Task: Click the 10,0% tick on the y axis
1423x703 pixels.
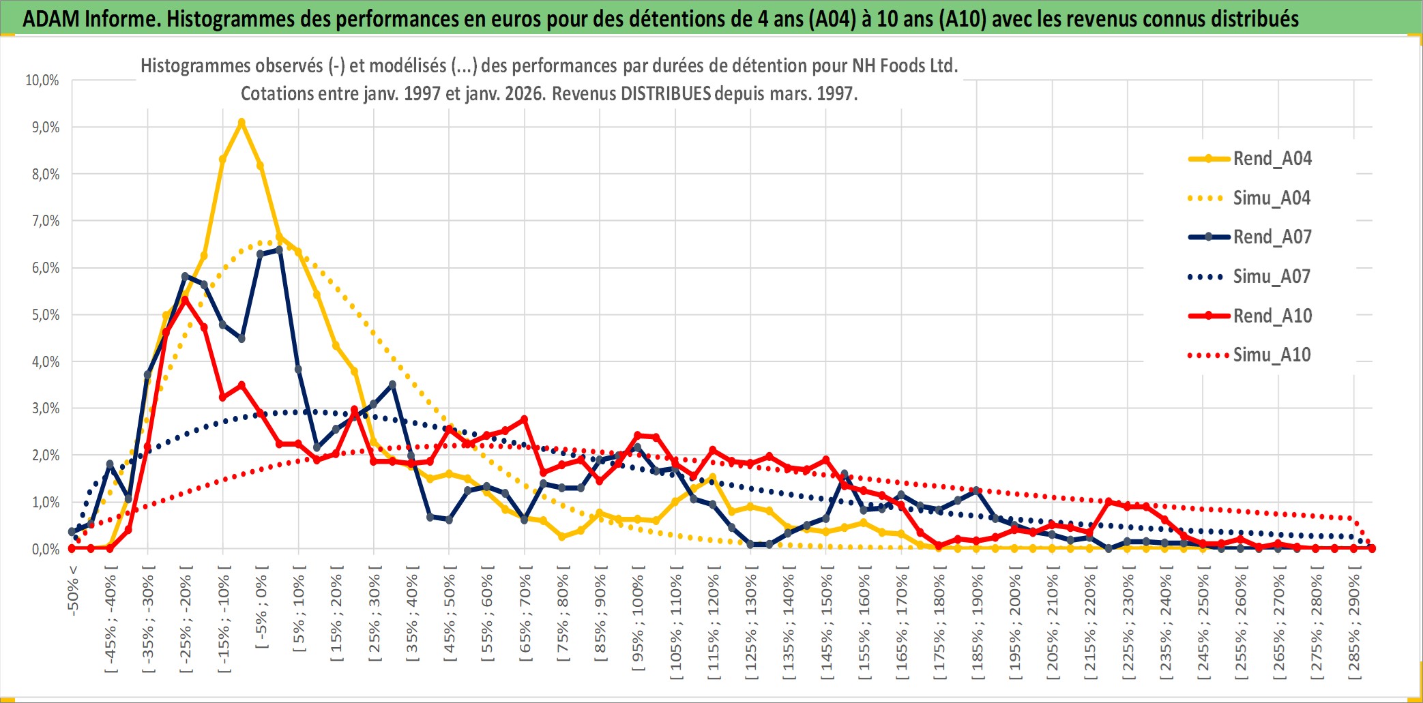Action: coord(42,80)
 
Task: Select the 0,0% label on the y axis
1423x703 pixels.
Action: coord(45,549)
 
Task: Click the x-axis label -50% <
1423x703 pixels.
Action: coord(73,590)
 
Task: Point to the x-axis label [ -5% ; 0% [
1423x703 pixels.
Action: coord(261,610)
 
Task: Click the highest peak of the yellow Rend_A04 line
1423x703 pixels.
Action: coord(241,123)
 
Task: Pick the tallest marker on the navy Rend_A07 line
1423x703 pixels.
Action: coord(279,250)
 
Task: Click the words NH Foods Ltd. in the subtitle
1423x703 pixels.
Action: coord(905,66)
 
